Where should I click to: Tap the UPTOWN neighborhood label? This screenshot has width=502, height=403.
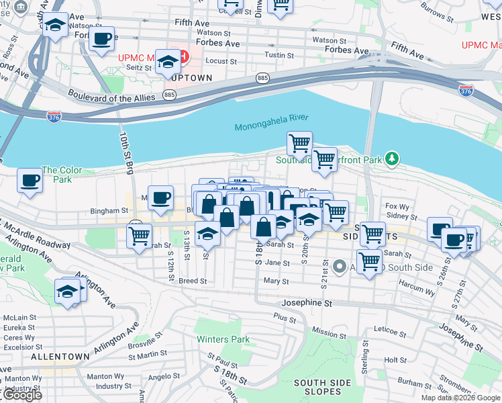[x=191, y=78]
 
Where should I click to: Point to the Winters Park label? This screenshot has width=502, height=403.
[x=223, y=339]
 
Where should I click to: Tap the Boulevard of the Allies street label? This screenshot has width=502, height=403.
[x=111, y=98]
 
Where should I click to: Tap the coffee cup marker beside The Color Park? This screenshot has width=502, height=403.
[x=30, y=180]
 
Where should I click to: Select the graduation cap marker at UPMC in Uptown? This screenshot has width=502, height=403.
[x=167, y=62]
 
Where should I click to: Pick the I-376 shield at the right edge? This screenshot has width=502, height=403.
[x=465, y=89]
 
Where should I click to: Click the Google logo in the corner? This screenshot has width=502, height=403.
[x=22, y=395]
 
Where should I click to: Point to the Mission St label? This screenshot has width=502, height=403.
[x=329, y=334]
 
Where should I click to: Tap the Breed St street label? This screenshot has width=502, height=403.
[x=193, y=281]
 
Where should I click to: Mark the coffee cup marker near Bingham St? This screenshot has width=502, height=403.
[x=160, y=197]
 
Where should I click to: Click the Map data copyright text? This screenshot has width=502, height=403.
[x=460, y=398]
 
